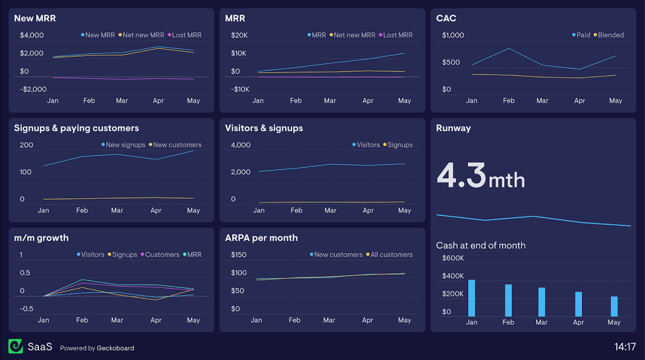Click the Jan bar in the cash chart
(472, 298)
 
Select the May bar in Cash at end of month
(614, 306)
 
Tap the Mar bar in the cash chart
(542, 302)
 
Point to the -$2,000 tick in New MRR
(33, 89)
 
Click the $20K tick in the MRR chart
(239, 35)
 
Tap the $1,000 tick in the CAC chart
(453, 35)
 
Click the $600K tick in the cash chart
(453, 258)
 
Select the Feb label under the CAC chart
(509, 101)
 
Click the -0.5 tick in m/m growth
(26, 309)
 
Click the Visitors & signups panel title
(264, 128)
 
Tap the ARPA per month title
(262, 238)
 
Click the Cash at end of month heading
(481, 246)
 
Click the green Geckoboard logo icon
(16, 346)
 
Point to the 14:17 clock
(625, 347)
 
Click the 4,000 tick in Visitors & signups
(240, 145)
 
